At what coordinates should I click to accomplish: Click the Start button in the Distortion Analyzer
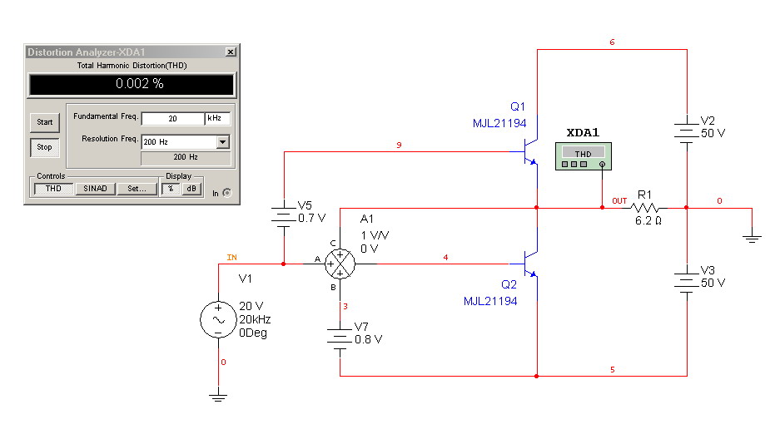point(45,122)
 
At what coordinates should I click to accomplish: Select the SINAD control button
point(95,189)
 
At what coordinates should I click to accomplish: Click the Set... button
point(137,189)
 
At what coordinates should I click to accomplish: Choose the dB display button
point(191,189)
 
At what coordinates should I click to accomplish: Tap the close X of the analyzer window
point(231,52)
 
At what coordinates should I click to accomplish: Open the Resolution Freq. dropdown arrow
point(223,142)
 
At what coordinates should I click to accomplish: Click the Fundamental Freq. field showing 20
point(172,118)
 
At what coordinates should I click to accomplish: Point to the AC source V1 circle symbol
point(218,319)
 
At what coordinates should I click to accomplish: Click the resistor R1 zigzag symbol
point(644,208)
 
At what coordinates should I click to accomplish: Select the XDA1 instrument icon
point(584,156)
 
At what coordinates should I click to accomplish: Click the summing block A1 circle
point(340,264)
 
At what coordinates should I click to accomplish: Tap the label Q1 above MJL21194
point(517,106)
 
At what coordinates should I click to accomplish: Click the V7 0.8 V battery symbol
point(340,338)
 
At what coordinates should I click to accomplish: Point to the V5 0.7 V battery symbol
point(284,217)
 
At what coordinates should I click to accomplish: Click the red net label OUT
point(619,201)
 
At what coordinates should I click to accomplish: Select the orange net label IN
point(231,258)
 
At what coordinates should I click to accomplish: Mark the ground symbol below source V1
point(218,397)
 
